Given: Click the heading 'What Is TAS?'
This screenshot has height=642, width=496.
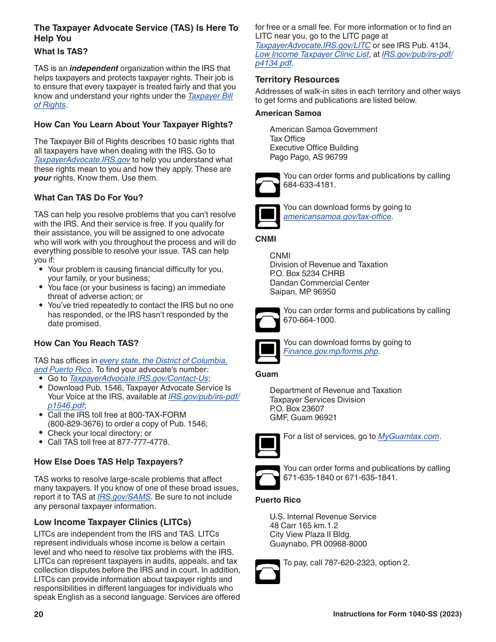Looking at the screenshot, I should coord(61,51).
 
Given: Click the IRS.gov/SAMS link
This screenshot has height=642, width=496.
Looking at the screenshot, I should coord(124,497).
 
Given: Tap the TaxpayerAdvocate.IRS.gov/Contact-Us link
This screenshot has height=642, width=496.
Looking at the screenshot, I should coord(139,378).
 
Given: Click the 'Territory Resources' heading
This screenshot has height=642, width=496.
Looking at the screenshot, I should coord(297,79).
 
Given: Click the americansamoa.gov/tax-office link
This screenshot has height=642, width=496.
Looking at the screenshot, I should coord(337,217).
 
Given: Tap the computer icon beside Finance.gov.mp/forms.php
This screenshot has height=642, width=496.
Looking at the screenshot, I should coord(267,351).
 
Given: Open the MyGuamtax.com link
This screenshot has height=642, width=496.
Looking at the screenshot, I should coord(408,436).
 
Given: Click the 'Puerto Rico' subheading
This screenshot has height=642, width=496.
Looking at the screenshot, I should coord(278,500).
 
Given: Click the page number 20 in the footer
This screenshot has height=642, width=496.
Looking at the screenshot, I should coord(39,614).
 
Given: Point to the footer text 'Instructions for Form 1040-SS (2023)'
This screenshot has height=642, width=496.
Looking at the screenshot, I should coord(397,614).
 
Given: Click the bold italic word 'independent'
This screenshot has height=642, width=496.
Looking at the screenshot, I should coord(94,68).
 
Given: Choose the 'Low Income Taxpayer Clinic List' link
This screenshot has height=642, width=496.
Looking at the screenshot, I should coord(312,54).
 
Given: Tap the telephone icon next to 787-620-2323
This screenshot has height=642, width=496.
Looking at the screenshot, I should coord(267,571).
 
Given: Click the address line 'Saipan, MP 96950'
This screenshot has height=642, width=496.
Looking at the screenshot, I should coord(303,292).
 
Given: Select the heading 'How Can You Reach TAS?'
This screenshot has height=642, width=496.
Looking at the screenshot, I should coord(86,343).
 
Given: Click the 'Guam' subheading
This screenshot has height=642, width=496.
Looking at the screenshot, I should coord(267,374).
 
